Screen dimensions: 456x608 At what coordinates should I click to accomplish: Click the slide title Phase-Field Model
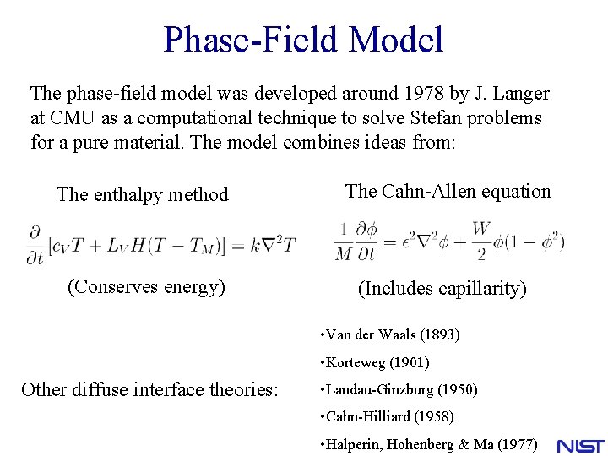click(x=303, y=40)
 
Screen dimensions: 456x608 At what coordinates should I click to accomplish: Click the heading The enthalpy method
click(x=142, y=195)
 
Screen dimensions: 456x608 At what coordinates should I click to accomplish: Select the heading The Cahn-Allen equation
click(x=448, y=192)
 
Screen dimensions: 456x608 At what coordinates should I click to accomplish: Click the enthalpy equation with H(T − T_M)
click(x=160, y=245)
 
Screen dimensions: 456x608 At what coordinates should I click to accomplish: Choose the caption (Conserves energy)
click(x=146, y=287)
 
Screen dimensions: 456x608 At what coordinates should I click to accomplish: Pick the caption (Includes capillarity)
click(x=442, y=289)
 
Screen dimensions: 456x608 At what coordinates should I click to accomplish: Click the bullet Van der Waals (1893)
click(x=390, y=335)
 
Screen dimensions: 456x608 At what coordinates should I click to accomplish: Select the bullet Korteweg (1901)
click(x=375, y=363)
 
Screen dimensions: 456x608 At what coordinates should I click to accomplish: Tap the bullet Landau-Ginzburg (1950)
click(x=399, y=390)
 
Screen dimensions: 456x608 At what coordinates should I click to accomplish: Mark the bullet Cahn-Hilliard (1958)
click(x=387, y=417)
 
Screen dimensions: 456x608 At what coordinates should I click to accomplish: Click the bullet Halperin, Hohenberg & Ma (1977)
click(x=429, y=444)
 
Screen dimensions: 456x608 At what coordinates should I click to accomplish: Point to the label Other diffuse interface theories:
click(x=149, y=389)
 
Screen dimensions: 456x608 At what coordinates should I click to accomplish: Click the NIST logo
click(x=580, y=445)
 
